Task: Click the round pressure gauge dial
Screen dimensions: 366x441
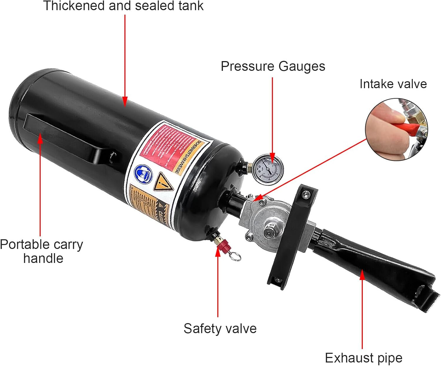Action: [268, 169]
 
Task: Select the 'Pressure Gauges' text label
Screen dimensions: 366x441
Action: [273, 66]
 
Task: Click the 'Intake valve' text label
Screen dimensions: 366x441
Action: [393, 84]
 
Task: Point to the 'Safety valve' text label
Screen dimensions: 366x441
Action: [220, 328]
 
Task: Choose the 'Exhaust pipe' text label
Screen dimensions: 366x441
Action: [363, 358]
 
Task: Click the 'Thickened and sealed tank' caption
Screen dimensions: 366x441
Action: [123, 6]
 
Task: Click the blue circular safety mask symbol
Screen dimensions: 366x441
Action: [144, 174]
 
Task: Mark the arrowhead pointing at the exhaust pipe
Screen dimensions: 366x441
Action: [362, 275]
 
